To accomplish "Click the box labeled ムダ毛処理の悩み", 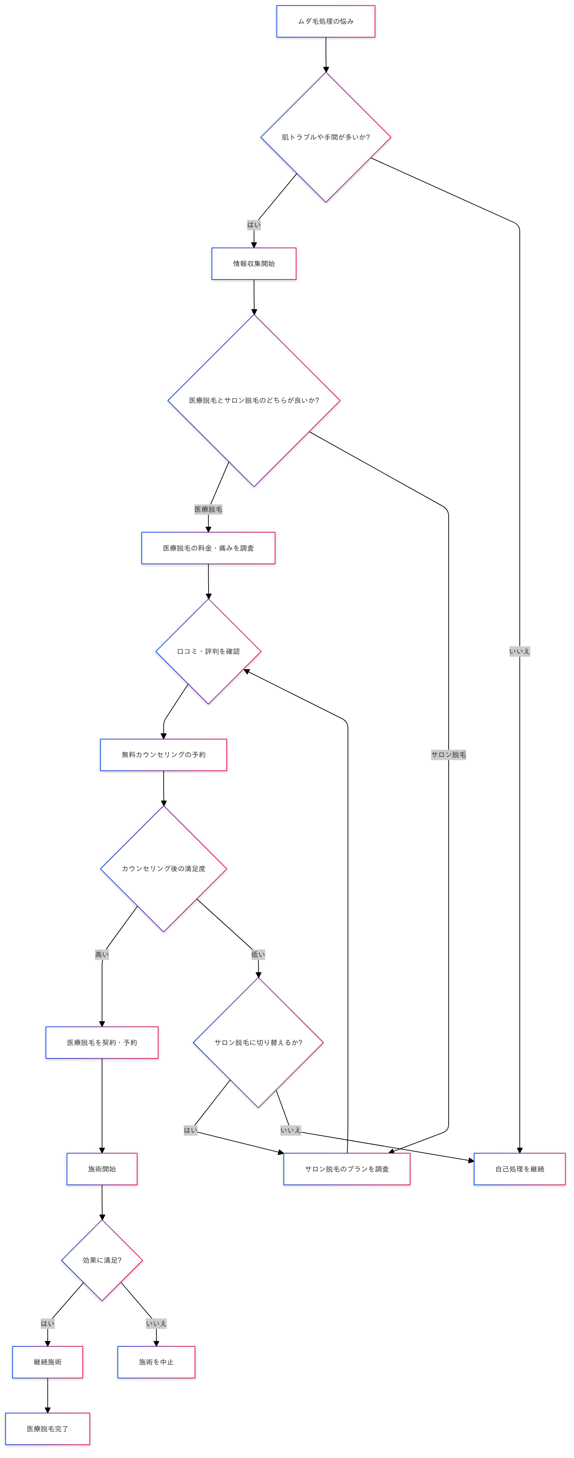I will pos(326,22).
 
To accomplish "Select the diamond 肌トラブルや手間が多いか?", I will pos(326,137).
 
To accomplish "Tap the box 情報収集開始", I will pos(254,264).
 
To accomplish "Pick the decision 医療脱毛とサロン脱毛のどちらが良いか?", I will pos(254,400).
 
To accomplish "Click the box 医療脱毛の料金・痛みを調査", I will pos(208,548).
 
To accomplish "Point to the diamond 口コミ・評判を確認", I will pos(208,651).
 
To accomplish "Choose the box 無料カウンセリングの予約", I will pos(164,755).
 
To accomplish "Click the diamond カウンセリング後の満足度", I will pos(164,868).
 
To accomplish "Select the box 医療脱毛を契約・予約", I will pos(102,1043).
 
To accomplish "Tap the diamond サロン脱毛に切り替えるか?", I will pos(258,1043).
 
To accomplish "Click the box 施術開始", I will pos(102,1169).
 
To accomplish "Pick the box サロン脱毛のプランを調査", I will pos(346,1169).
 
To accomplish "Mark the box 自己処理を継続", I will pos(519,1169).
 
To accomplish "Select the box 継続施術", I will pos(47,1362).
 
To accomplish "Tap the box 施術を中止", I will pos(156,1362).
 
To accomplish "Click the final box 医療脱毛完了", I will pos(47,1429).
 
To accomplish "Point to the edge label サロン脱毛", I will pos(448,755).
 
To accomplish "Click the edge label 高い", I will pos(102,954).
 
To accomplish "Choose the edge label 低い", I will pos(258,954).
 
